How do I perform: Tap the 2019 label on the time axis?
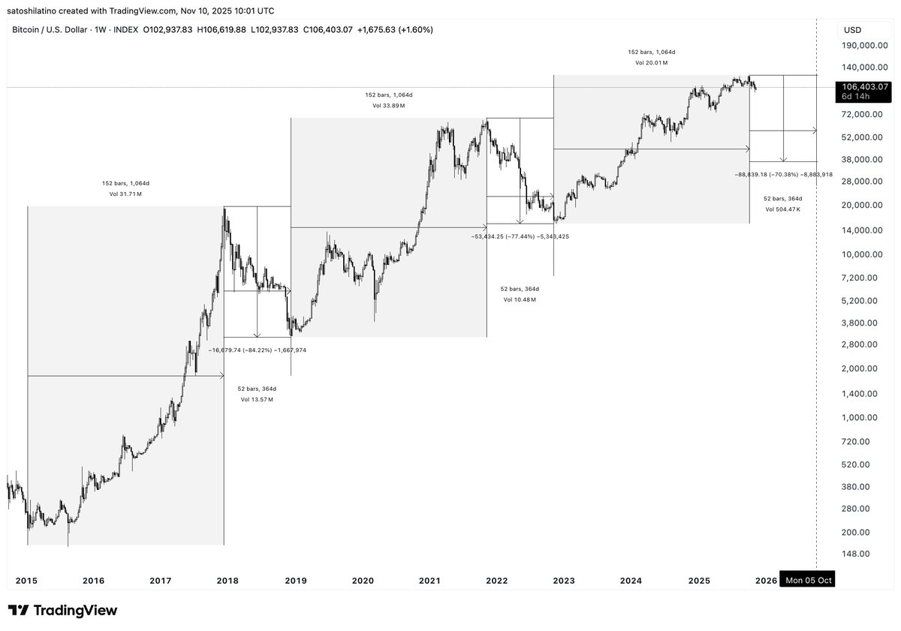point(295,580)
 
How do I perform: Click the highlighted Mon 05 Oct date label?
point(807,580)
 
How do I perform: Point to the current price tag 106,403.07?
point(864,86)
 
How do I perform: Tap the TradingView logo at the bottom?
point(63,611)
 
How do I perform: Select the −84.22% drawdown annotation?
point(258,350)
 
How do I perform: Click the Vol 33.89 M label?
point(388,106)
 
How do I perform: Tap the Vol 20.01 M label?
point(651,63)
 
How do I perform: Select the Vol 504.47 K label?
point(783,209)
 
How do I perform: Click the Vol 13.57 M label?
point(257,400)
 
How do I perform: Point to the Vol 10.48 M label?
point(520,299)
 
